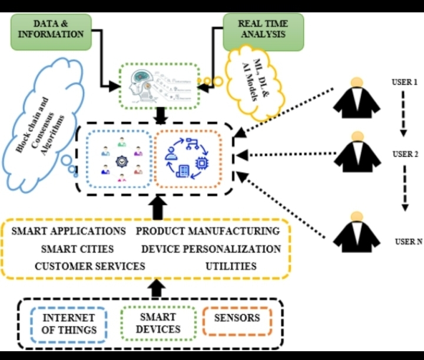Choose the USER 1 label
[x=405, y=82]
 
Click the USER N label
[x=408, y=241]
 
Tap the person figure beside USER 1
[x=356, y=97]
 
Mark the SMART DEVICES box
[x=157, y=323]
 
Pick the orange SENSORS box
[x=237, y=318]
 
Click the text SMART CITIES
[x=78, y=249]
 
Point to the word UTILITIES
[x=231, y=266]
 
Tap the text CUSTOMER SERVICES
[x=90, y=266]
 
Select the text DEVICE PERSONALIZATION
[x=211, y=249]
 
